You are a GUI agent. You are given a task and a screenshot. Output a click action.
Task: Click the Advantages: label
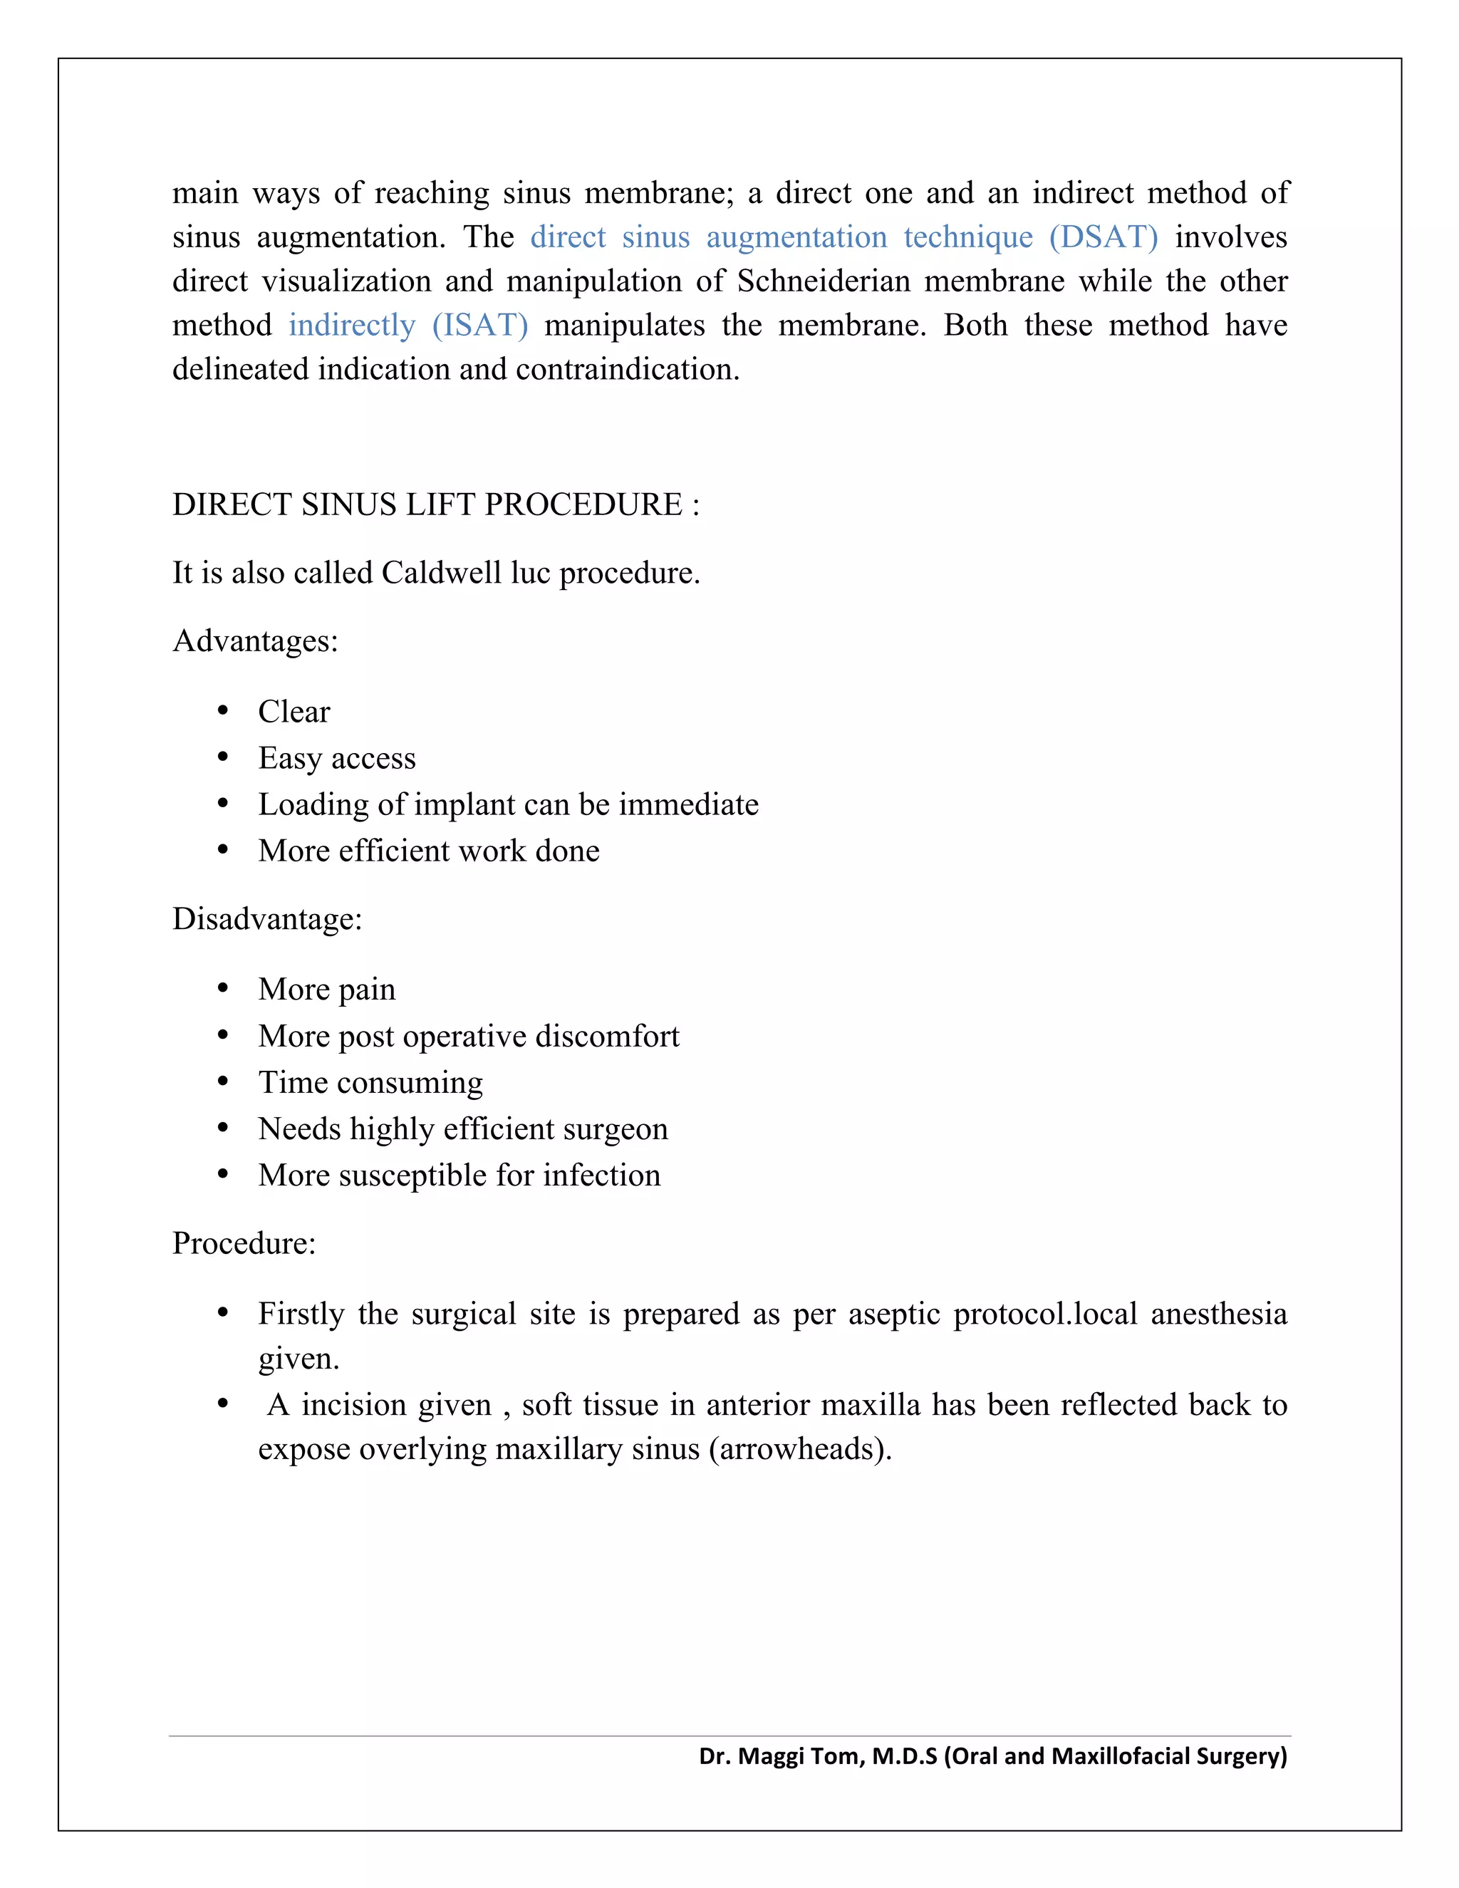[255, 641]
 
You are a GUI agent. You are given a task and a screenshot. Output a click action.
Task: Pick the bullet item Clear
[294, 712]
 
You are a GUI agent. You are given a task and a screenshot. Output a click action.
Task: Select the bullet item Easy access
[336, 759]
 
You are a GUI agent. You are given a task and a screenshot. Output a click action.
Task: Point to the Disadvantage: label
[267, 919]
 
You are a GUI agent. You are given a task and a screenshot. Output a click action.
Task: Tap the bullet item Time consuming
[370, 1083]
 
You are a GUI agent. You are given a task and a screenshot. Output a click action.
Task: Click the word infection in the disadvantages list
[601, 1176]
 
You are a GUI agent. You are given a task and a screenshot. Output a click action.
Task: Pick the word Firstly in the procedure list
[301, 1314]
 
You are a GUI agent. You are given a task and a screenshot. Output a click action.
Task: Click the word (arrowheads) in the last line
[799, 1450]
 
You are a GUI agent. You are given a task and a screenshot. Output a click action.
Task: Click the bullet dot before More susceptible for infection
[223, 1175]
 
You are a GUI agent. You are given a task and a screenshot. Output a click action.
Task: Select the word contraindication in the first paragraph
[628, 370]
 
